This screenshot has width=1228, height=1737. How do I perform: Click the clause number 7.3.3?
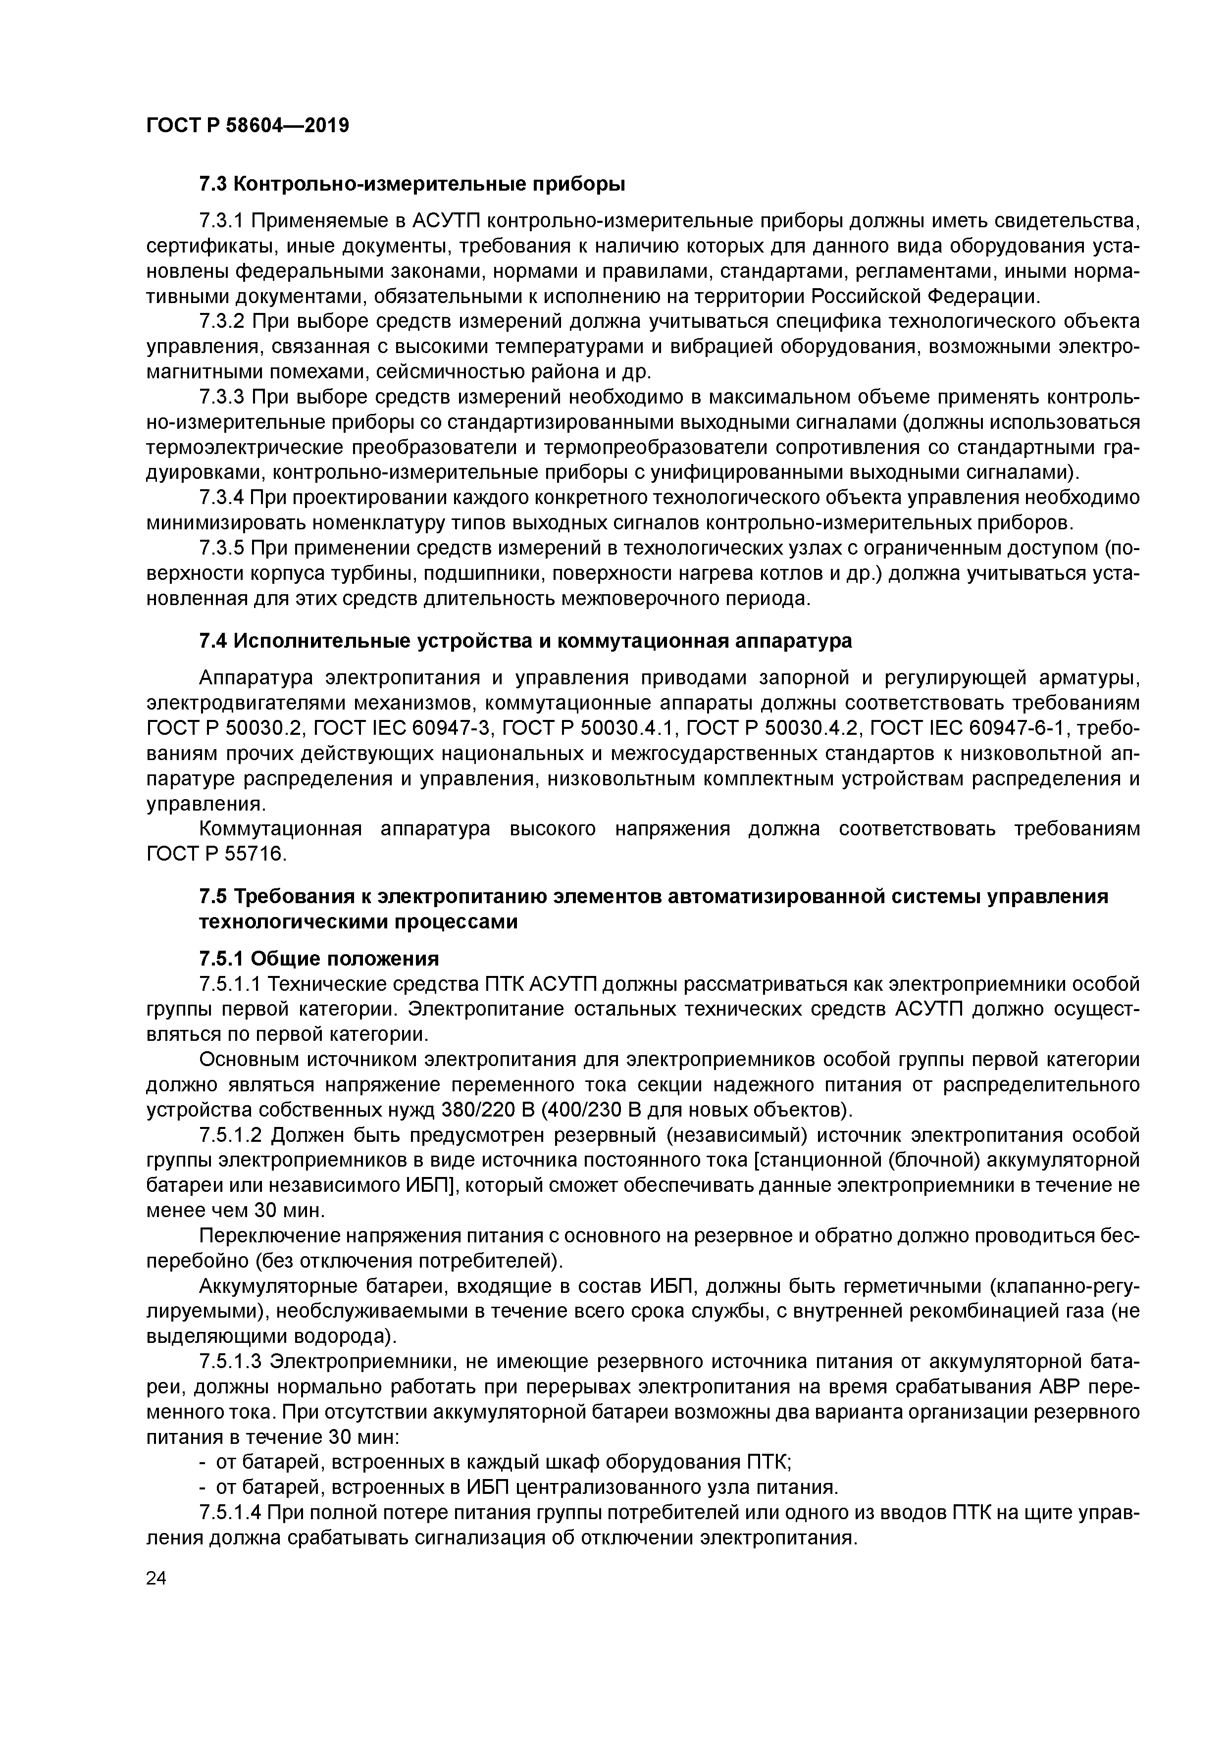(x=222, y=397)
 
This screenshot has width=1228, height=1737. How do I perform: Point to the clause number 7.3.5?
(x=222, y=548)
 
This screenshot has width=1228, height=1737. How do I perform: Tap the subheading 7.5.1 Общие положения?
(x=318, y=959)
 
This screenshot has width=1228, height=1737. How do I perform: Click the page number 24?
(x=156, y=1578)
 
